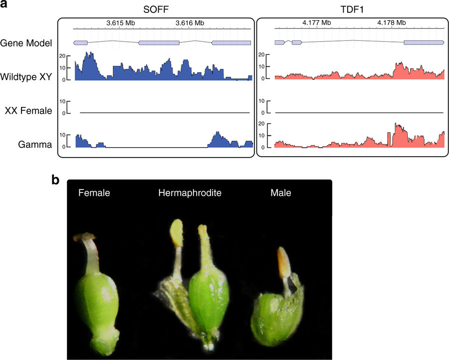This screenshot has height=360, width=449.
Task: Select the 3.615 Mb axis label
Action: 120,23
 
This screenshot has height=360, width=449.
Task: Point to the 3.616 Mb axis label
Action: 190,23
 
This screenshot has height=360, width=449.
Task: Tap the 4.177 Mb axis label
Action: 316,23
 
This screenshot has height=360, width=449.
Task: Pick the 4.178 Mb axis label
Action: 391,23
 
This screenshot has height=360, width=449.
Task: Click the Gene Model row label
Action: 26,43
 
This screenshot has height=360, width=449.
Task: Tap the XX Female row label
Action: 28,111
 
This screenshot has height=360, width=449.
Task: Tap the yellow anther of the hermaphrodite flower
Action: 177,232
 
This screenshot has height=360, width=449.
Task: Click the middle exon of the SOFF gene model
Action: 159,43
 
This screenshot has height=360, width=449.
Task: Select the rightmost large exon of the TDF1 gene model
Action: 424,43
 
